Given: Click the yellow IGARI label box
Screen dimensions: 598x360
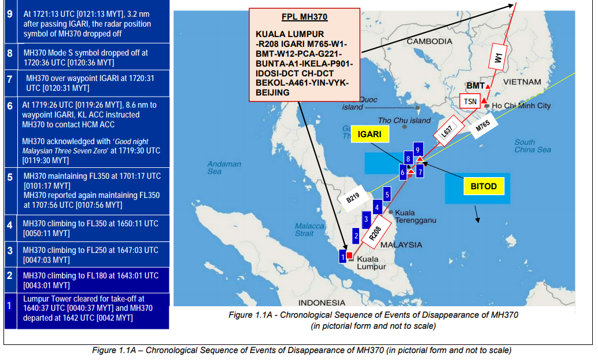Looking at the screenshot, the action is pyautogui.click(x=370, y=134).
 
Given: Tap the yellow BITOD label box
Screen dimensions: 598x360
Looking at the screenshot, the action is pyautogui.click(x=483, y=186).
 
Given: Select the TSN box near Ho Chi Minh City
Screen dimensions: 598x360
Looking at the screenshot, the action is pyautogui.click(x=470, y=101).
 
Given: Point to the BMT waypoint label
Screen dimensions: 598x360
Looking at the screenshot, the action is pyautogui.click(x=475, y=86).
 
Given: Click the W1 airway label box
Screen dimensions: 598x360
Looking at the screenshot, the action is pyautogui.click(x=498, y=57).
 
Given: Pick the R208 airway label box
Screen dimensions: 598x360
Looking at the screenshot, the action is pyautogui.click(x=375, y=233).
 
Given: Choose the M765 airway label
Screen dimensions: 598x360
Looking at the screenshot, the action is pyautogui.click(x=482, y=126).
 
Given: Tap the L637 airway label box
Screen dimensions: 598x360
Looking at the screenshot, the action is pyautogui.click(x=448, y=130).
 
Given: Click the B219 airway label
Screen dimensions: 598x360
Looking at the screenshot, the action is pyautogui.click(x=353, y=198).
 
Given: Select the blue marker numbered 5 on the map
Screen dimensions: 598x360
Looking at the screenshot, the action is pyautogui.click(x=387, y=194).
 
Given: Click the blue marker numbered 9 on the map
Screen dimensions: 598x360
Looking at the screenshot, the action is pyautogui.click(x=418, y=150).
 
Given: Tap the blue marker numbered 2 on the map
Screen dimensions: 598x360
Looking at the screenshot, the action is pyautogui.click(x=356, y=236).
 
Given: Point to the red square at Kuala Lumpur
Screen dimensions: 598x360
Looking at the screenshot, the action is pyautogui.click(x=350, y=255).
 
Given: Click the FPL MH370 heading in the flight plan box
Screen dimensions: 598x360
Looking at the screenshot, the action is pyautogui.click(x=304, y=17).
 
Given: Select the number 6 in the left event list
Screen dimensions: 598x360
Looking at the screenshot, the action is pyautogui.click(x=10, y=106).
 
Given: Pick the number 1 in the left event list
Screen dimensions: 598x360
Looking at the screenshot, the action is pyautogui.click(x=9, y=306).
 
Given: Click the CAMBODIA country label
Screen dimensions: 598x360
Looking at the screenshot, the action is pyautogui.click(x=430, y=41).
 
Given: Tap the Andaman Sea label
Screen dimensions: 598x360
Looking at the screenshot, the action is pyautogui.click(x=224, y=168).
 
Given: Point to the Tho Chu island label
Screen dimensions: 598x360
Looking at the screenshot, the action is pyautogui.click(x=404, y=120).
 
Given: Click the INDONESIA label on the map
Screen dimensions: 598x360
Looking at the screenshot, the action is pyautogui.click(x=322, y=303).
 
